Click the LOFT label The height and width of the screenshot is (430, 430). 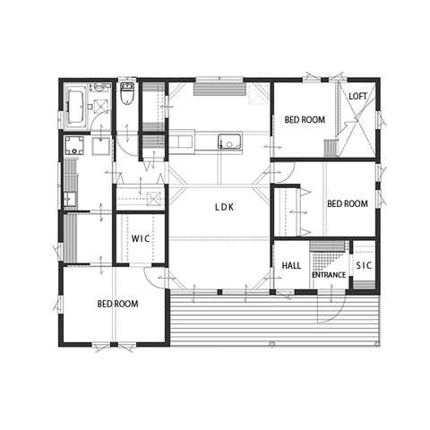click(357, 96)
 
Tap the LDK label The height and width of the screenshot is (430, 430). click(225, 207)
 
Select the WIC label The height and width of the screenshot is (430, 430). click(141, 239)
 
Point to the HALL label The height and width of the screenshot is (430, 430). click(291, 265)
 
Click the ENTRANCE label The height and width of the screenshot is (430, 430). click(329, 275)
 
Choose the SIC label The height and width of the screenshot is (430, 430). click(364, 265)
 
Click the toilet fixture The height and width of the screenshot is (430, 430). click(127, 93)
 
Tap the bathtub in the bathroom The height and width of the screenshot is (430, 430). click(74, 107)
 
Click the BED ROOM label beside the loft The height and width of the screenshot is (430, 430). click(305, 120)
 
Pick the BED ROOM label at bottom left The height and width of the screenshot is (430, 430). click(117, 304)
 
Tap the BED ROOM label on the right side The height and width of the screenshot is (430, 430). click(348, 203)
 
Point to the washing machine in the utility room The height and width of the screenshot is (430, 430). click(73, 145)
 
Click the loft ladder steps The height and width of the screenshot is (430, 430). click(331, 148)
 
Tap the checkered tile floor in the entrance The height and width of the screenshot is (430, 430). click(327, 262)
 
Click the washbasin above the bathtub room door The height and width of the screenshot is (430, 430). click(99, 87)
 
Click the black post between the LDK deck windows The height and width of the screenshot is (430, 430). click(219, 292)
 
